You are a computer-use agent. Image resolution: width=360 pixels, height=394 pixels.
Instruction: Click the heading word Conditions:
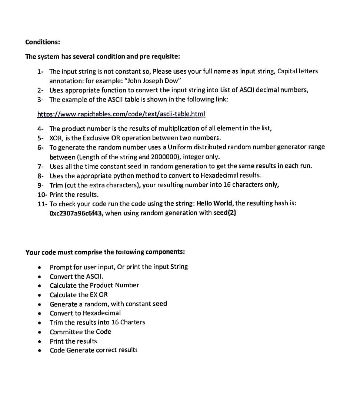43,42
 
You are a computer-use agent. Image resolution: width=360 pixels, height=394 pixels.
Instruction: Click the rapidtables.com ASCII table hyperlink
121,114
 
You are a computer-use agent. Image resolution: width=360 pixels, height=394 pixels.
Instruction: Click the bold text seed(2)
225,213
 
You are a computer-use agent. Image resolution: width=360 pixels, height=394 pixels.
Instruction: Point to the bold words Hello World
215,203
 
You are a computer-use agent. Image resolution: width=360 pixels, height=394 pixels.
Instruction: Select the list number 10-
43,194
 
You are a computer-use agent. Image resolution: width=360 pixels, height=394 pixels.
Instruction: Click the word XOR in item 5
56,138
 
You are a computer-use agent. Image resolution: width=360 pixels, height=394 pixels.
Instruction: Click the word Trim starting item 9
56,184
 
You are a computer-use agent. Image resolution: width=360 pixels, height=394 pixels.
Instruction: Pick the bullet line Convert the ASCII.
77,276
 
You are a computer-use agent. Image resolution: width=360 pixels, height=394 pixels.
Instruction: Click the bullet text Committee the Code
80,332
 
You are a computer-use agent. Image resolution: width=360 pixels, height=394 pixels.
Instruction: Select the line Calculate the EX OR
79,295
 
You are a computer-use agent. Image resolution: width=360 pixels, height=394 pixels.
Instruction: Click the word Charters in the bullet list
133,322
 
